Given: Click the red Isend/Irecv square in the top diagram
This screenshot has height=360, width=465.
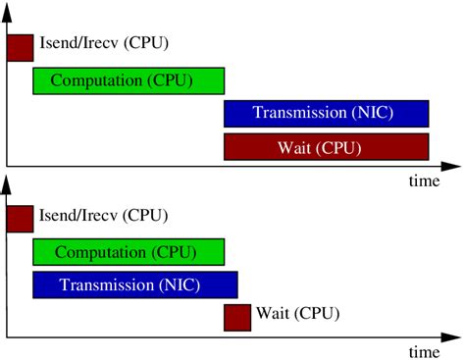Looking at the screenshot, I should pos(20,47).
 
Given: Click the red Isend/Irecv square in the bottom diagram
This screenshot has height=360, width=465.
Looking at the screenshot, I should pos(20,219).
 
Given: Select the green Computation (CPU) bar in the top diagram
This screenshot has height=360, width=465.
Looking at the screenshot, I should pos(129,79).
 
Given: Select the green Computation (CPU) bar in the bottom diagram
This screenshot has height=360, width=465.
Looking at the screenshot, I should pos(129,252).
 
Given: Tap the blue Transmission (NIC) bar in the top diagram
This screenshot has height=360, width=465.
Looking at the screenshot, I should pos(327,113).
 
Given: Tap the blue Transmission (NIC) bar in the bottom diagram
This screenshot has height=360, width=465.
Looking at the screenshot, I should pos(135,284).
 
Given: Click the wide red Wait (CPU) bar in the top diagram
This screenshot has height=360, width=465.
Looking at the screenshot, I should pos(327,147).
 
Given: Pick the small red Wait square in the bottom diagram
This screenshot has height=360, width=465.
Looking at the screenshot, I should pos(237,317).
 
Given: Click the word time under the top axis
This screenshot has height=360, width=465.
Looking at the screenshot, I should pos(424,181).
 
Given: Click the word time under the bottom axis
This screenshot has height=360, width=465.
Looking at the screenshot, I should pos(424,351).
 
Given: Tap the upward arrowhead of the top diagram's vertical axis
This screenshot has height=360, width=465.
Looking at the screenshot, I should pos(8,7).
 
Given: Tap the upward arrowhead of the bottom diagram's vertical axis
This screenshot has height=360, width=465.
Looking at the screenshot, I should pos(8,180).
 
